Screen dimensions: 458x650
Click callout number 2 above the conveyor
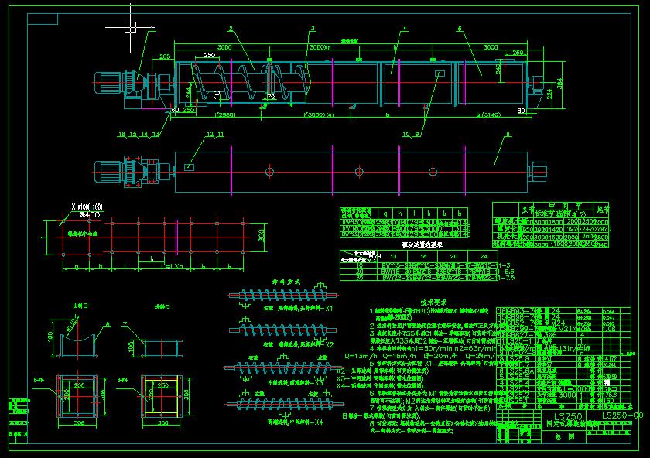[231, 29]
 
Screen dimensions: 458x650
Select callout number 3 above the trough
[313, 29]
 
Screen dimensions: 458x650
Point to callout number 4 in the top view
[405, 29]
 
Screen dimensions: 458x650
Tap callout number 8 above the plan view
[508, 135]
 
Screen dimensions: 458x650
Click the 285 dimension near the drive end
[165, 56]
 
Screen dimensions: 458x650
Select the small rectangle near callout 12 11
[190, 165]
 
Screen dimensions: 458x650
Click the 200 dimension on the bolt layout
[261, 234]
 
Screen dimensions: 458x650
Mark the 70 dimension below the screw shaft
[271, 97]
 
